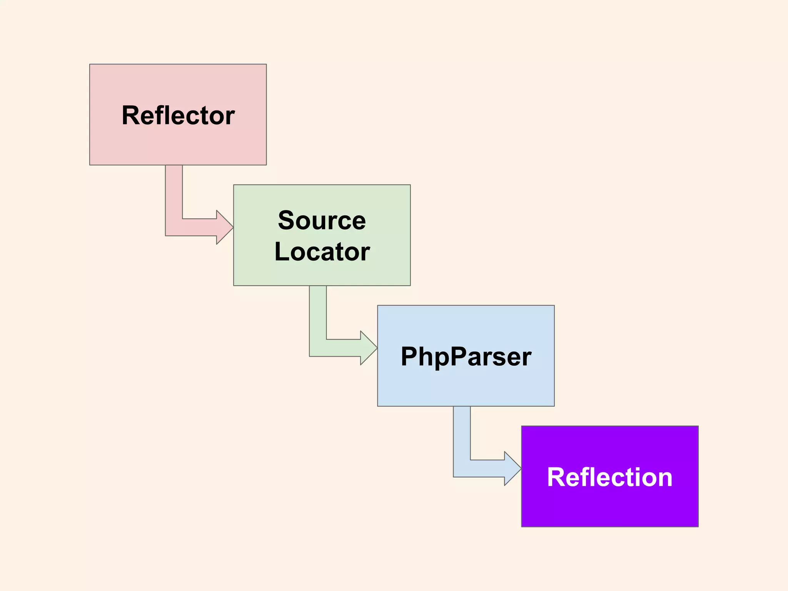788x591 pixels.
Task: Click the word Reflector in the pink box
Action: click(178, 115)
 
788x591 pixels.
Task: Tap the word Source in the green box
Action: click(322, 220)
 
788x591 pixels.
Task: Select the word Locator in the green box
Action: click(322, 252)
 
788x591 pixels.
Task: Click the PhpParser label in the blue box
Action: click(466, 356)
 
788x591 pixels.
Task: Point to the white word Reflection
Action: click(609, 477)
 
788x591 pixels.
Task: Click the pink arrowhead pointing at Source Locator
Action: click(225, 227)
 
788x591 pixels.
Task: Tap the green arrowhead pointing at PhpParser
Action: click(369, 348)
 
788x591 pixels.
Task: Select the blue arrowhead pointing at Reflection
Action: click(513, 469)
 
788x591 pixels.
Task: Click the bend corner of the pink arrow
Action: click(174, 227)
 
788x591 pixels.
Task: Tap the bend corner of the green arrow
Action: click(318, 348)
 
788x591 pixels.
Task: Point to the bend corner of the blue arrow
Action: click(462, 469)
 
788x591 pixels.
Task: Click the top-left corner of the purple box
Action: click(522, 427)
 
